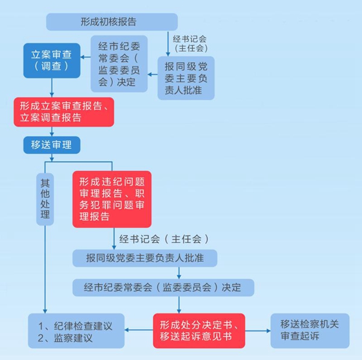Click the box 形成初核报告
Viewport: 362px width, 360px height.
(112, 22)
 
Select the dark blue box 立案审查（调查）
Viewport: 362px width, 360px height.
(51, 60)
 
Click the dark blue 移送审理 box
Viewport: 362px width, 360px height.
(51, 145)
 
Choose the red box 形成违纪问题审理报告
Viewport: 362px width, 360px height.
(112, 199)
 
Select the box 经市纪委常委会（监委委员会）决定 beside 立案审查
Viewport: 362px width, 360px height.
(119, 64)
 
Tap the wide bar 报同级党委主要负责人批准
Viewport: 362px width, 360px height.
(145, 257)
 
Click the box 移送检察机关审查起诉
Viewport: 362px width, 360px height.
(310, 330)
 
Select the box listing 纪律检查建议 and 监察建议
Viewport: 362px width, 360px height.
(76, 330)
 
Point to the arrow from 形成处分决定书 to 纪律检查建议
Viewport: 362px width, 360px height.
(138, 330)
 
